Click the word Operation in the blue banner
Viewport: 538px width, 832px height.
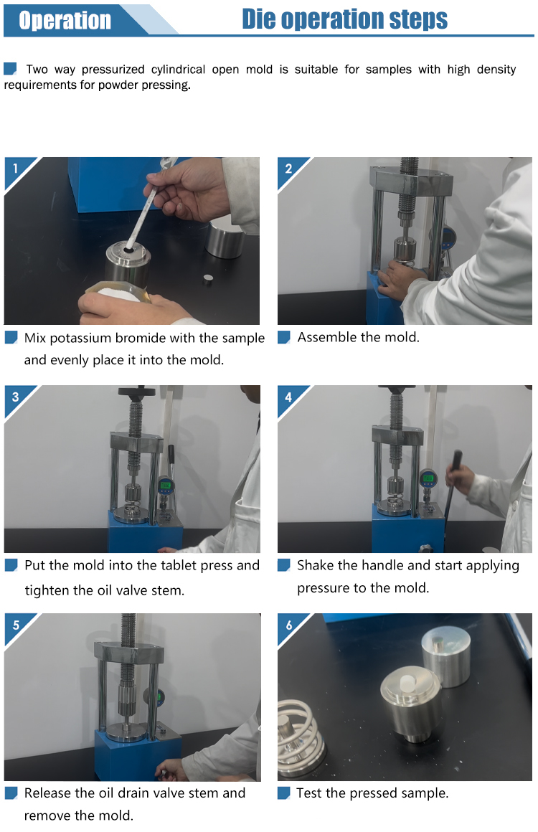click(65, 21)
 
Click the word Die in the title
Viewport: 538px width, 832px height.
click(259, 19)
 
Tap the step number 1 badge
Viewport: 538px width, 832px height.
click(15, 169)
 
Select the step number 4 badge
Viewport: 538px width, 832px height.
click(288, 397)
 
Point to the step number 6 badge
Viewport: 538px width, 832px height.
click(288, 625)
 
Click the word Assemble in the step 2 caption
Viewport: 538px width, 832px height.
click(323, 337)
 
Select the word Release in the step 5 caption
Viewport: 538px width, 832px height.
click(48, 793)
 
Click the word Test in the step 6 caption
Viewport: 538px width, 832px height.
click(309, 793)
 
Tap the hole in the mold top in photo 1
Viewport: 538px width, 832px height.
click(129, 248)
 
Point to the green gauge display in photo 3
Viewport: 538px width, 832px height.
click(165, 484)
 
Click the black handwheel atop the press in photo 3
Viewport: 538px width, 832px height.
click(136, 392)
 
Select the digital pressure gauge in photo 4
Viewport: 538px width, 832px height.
click(428, 479)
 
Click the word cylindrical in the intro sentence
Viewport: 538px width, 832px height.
click(179, 70)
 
